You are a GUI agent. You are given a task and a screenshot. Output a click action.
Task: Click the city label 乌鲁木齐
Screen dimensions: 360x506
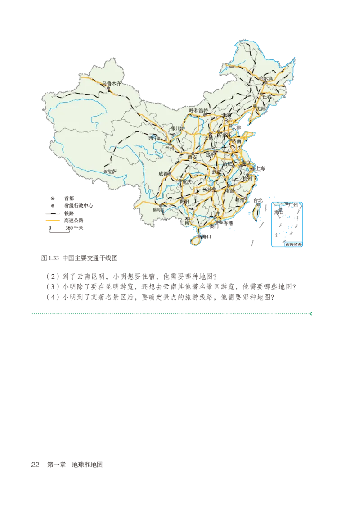pos(112,83)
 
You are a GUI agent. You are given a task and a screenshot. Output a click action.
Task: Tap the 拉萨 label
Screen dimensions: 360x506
pos(112,171)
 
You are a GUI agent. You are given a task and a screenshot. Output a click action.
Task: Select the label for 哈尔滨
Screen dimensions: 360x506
pos(266,78)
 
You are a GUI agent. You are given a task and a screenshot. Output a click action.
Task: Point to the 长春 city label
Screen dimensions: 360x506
pos(267,97)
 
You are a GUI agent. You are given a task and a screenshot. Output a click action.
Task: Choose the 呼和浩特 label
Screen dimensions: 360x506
pos(198,110)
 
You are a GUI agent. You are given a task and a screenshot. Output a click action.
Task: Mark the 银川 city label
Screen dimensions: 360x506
pos(176,128)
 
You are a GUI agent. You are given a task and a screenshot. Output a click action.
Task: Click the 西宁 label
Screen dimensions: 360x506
pos(153,139)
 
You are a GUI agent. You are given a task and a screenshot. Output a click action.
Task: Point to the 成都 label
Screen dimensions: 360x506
pos(163,173)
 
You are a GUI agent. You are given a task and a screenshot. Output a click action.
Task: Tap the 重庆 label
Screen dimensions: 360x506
pos(187,181)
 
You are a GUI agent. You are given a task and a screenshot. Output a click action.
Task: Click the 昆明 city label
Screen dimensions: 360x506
pos(157,210)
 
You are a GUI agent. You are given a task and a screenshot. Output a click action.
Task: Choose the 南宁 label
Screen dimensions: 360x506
pos(189,222)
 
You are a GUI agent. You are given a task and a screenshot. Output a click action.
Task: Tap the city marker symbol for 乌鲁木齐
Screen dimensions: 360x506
pos(109,89)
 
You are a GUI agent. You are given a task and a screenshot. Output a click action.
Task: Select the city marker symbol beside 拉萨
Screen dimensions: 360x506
pos(105,172)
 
